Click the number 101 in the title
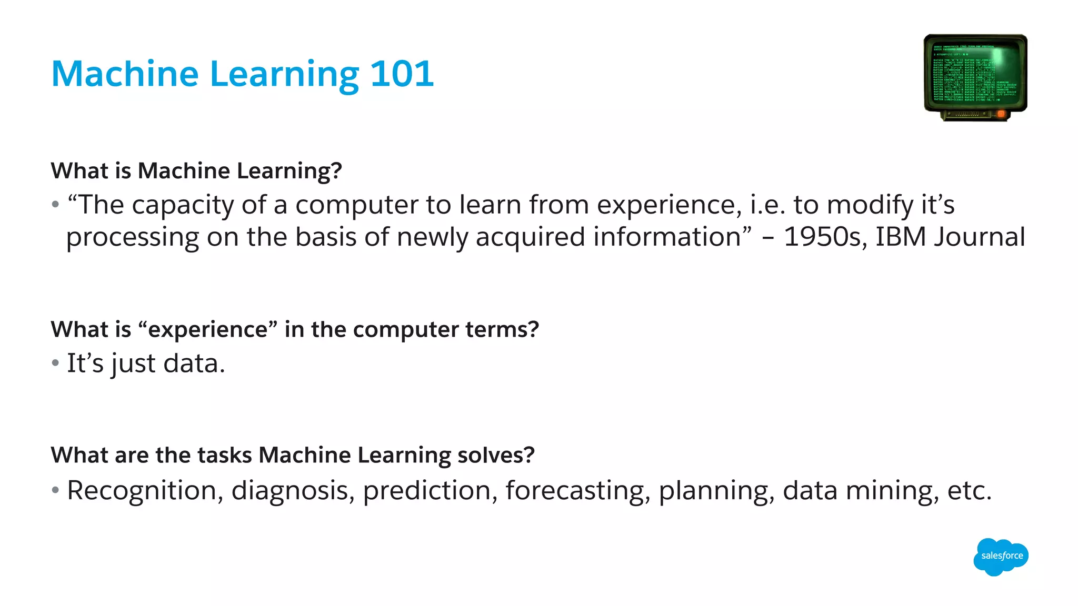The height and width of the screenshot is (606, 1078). pyautogui.click(x=402, y=74)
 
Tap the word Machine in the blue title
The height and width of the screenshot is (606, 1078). pyautogui.click(x=125, y=74)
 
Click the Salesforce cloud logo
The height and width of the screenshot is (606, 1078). pyautogui.click(x=1001, y=556)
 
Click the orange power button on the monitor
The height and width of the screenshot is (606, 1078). pyautogui.click(x=1001, y=114)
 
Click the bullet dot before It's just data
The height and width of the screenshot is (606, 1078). pyautogui.click(x=55, y=363)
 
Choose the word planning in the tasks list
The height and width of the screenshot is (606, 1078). pyautogui.click(x=716, y=490)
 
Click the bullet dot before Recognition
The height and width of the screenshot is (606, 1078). pyautogui.click(x=55, y=490)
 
